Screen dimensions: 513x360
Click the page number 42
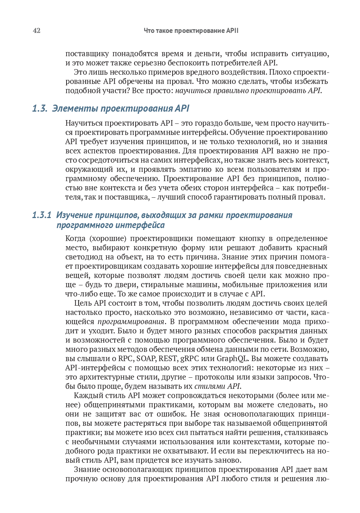pyautogui.click(x=37, y=31)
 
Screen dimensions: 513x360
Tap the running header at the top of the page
pyautogui.click(x=191, y=31)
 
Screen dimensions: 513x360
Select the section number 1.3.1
pyautogui.click(x=41, y=215)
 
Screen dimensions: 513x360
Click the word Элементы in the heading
pyautogui.click(x=75, y=108)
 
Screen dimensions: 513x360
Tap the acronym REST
pyautogui.click(x=168, y=359)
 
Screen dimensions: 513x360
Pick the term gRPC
pyautogui.click(x=190, y=359)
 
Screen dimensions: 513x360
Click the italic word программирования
pyautogui.click(x=131, y=322)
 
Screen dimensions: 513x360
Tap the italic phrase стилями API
pyautogui.click(x=217, y=386)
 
